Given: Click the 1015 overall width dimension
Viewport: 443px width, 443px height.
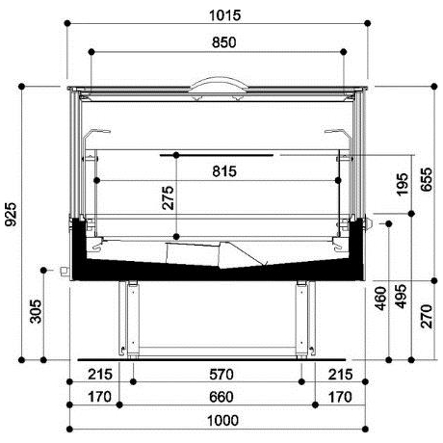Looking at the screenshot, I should point(221,14).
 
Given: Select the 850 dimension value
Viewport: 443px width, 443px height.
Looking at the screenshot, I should point(221,42).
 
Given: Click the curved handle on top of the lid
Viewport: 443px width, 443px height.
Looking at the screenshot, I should point(220,83).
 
